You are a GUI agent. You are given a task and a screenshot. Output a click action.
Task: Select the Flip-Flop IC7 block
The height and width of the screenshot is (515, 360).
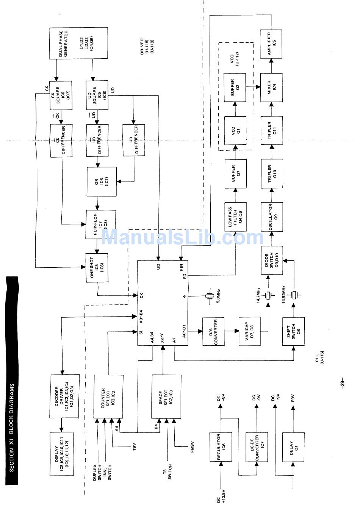click(x=101, y=225)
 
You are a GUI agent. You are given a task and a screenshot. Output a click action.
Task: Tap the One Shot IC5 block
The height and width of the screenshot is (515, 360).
click(x=97, y=268)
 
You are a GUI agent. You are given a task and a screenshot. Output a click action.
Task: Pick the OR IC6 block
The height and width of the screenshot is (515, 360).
click(x=102, y=182)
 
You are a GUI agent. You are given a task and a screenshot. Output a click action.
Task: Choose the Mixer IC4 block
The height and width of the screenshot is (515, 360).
click(x=271, y=88)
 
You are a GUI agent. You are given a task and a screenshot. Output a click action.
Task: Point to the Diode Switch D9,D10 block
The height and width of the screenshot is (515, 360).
click(x=271, y=261)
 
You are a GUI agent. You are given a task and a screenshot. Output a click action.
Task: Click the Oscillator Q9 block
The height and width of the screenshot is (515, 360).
click(x=271, y=217)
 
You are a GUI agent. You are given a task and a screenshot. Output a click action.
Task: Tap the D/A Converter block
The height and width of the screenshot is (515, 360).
click(x=213, y=331)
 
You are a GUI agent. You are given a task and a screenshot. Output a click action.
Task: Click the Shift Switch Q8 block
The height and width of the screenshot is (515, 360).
click(x=293, y=331)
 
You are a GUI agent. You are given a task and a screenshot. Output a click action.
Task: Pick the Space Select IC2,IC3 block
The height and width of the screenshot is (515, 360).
click(x=166, y=396)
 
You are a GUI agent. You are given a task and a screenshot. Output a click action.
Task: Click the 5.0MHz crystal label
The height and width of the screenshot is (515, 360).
click(x=218, y=295)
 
